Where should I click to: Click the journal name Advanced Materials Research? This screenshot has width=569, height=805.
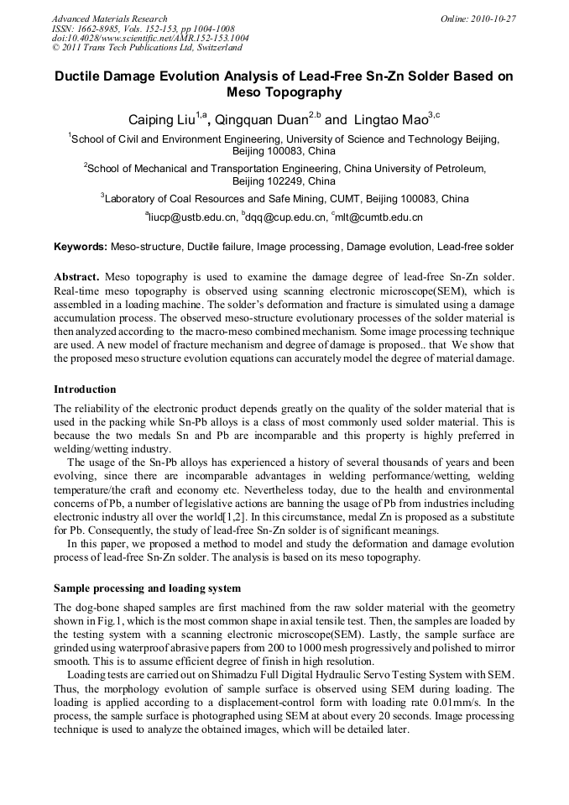coord(109,18)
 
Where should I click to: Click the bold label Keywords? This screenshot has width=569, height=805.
coord(81,248)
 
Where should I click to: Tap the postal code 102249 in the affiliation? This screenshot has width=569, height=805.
coord(266,181)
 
